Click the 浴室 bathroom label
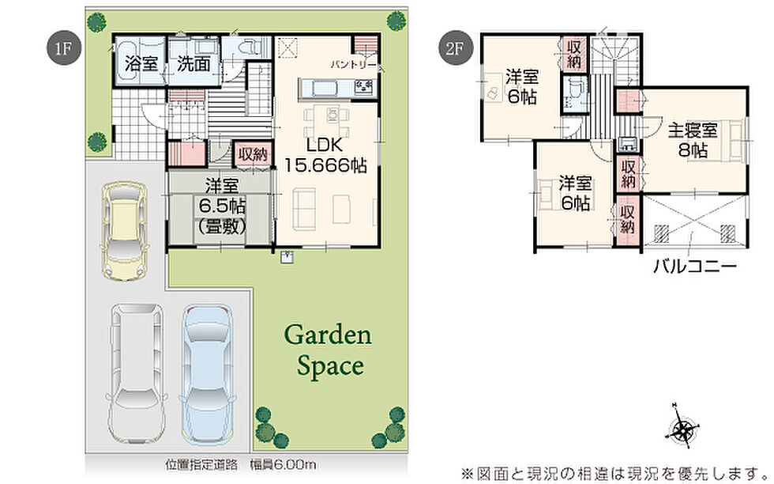[x=141, y=64]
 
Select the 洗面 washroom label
[x=193, y=64]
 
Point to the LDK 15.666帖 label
[x=325, y=155]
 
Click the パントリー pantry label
[x=354, y=65]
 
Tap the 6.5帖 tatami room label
[x=222, y=205]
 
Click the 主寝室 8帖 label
[x=693, y=140]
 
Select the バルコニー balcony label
[x=695, y=267]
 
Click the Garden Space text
[x=329, y=350]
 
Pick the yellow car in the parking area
[x=123, y=231]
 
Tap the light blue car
[x=207, y=375]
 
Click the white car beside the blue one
[x=137, y=374]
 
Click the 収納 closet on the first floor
[x=254, y=155]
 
